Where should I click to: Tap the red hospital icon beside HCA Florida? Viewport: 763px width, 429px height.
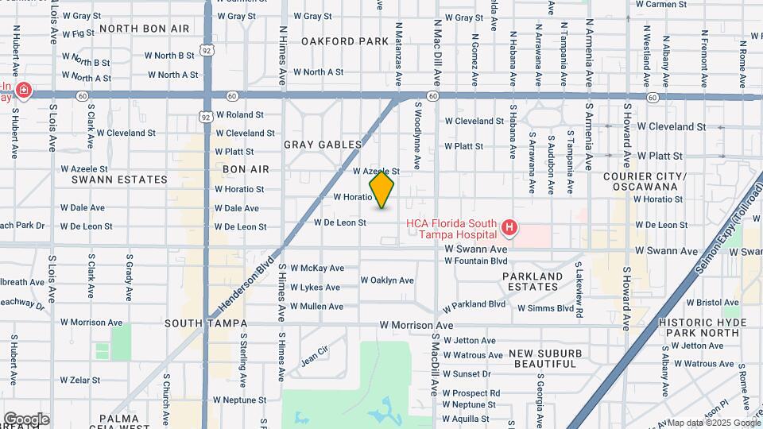point(509,230)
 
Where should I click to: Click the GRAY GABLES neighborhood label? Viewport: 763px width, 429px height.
point(323,145)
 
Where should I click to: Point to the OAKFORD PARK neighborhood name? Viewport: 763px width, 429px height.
point(345,41)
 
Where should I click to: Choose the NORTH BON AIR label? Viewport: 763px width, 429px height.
point(145,29)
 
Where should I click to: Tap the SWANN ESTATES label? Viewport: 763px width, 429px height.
point(119,180)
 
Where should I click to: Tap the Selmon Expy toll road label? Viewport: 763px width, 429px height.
point(729,230)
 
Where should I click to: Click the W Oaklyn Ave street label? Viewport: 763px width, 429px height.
point(387,280)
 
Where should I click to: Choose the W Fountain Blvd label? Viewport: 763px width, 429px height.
point(475,261)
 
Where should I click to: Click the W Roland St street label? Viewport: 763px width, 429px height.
point(239,114)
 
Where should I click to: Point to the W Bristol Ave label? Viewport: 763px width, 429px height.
point(712,303)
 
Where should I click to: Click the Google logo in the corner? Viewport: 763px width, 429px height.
point(26,419)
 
